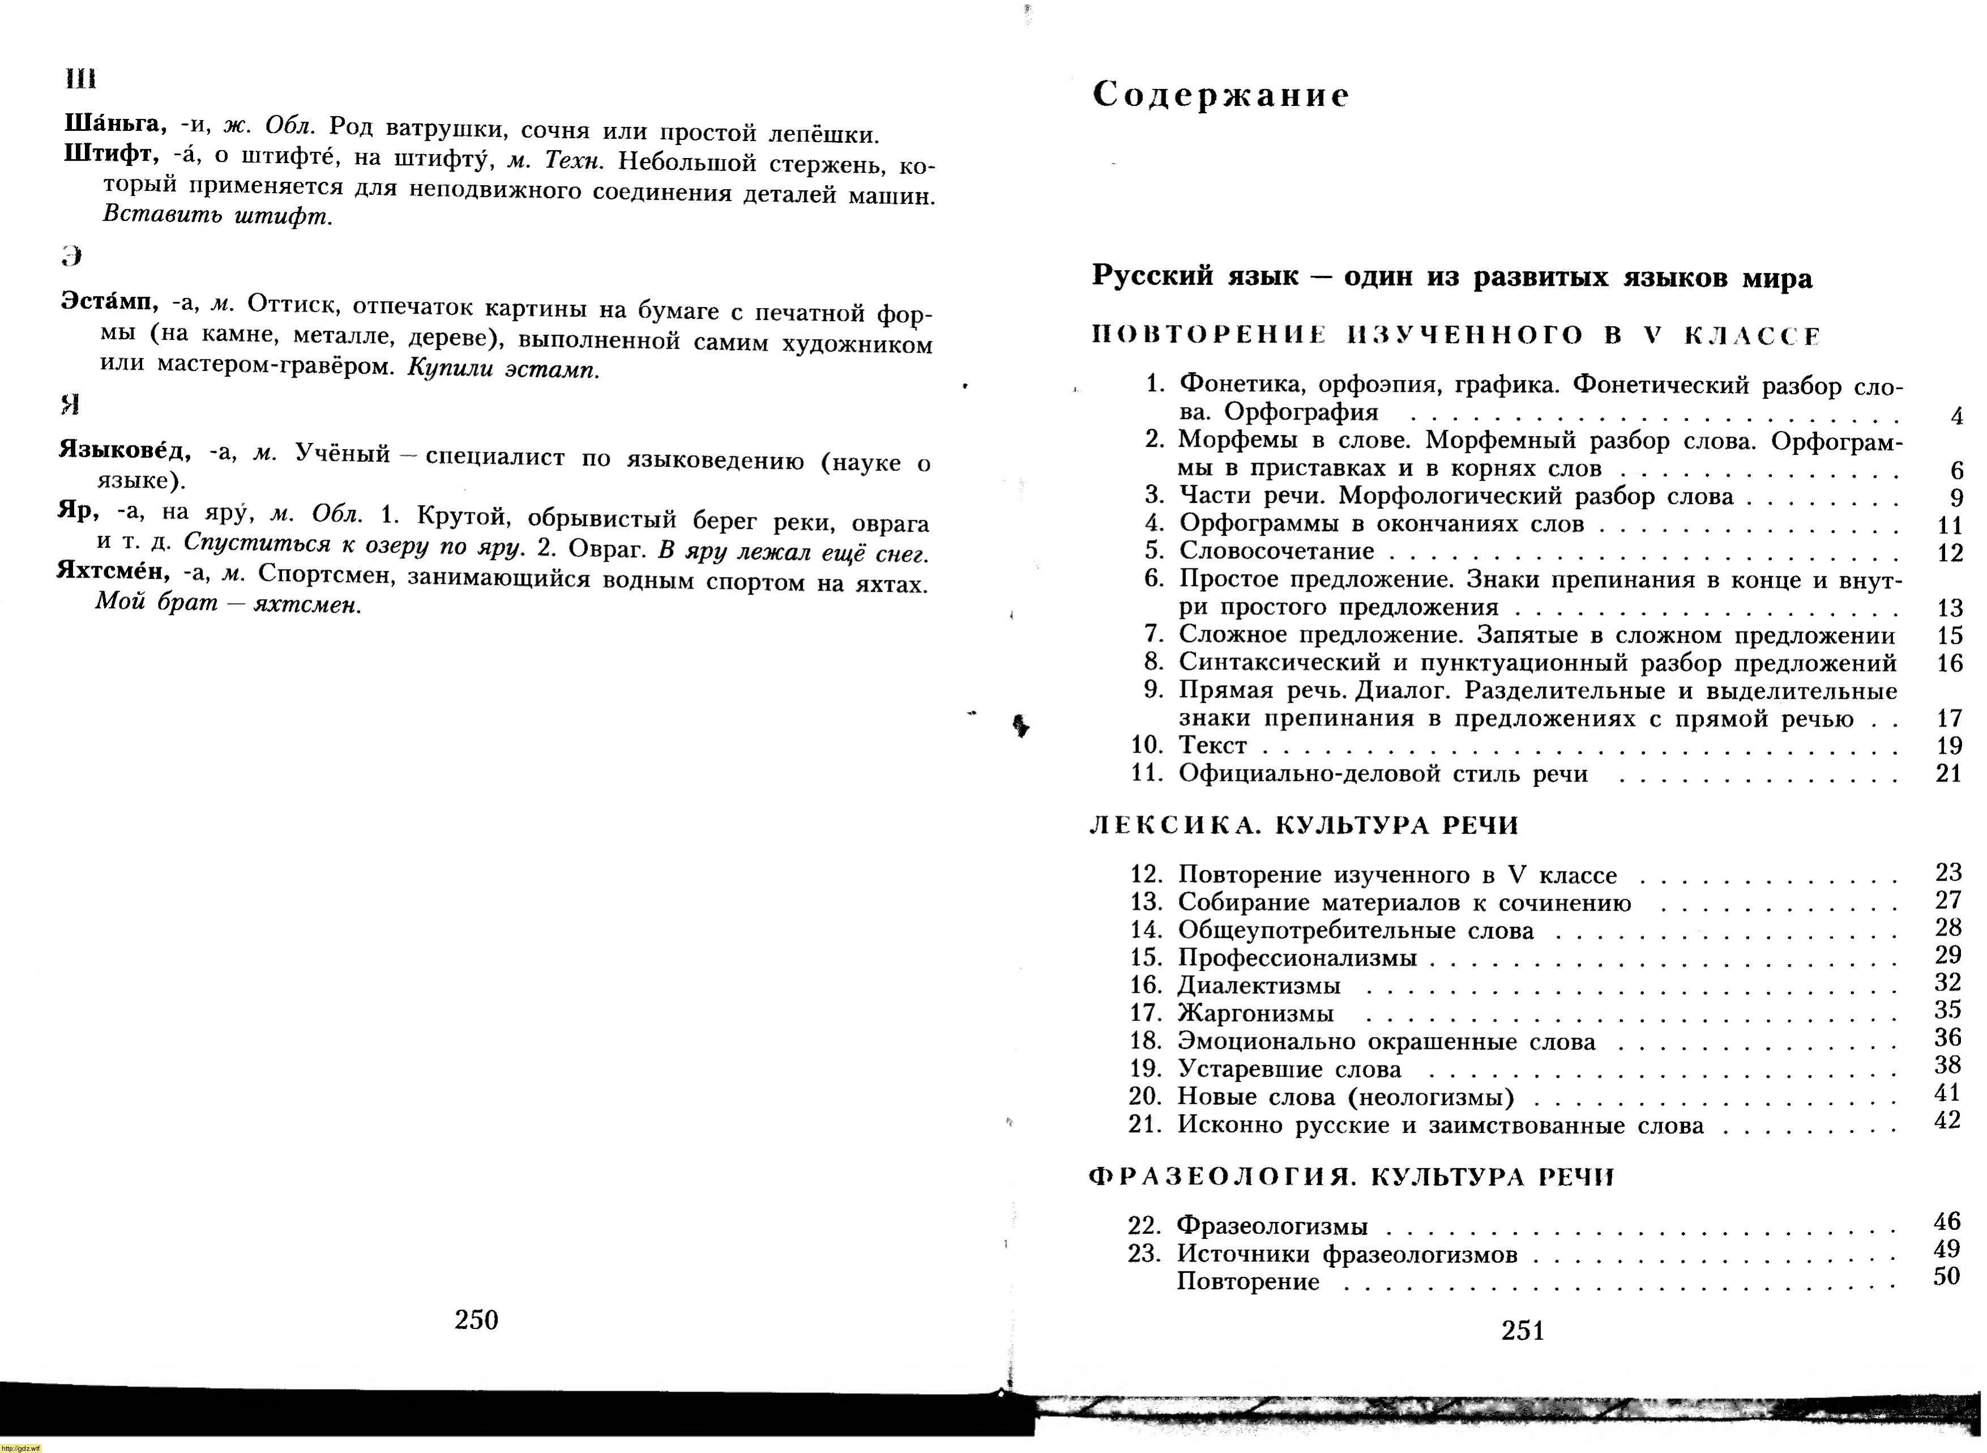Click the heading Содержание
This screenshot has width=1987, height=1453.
tap(1221, 95)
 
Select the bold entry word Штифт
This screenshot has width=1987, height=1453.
tap(111, 154)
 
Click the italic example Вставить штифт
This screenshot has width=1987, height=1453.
tap(218, 216)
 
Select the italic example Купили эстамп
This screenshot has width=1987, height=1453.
tap(503, 369)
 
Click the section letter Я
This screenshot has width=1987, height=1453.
tap(70, 405)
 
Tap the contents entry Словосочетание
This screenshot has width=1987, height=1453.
tap(1277, 550)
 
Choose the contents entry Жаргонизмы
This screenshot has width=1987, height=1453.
tap(1256, 1013)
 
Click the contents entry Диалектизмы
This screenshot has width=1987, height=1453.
tap(1259, 985)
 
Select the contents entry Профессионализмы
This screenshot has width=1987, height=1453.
tap(1297, 957)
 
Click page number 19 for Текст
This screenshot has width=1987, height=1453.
tap(1949, 746)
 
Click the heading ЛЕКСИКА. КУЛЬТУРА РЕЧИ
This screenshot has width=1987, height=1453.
tap(1304, 825)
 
